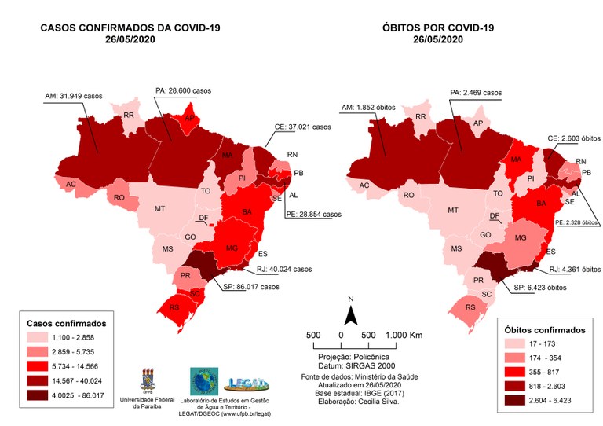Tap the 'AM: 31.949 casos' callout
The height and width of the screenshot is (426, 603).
[74, 97]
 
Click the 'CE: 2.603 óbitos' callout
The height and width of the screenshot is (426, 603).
[557, 138]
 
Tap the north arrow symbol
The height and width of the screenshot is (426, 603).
[353, 313]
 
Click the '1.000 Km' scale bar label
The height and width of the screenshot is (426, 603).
[404, 336]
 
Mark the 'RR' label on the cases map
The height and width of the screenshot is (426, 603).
[129, 116]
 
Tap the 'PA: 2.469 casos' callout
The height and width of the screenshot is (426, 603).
[476, 92]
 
